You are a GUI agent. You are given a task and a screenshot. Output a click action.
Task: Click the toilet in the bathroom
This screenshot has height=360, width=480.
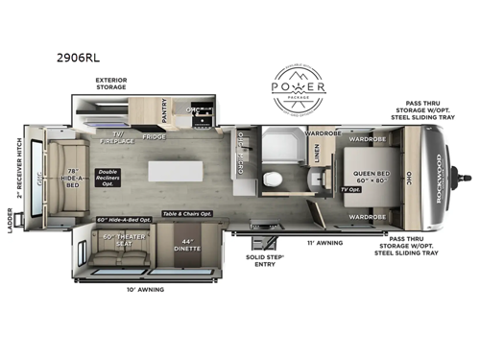[300, 179]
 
